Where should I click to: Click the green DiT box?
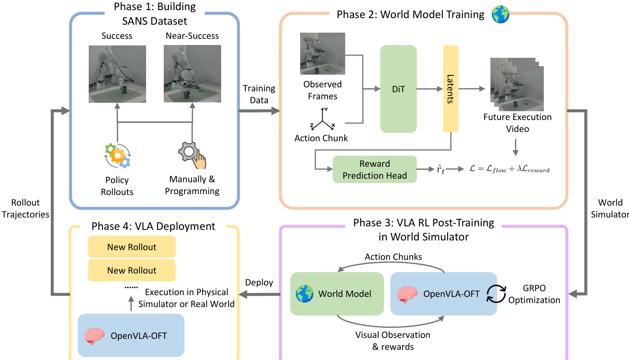[x=398, y=89]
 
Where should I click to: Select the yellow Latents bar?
[x=451, y=89]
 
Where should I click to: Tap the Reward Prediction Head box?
[x=375, y=169]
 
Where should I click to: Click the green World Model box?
[x=337, y=294]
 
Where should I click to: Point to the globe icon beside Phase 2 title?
[x=500, y=15]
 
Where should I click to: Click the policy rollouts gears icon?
[x=117, y=155]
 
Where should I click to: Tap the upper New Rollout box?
[x=132, y=247]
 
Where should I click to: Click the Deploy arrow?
[x=260, y=294]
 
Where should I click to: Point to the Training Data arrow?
[x=260, y=112]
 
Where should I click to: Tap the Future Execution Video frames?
[x=517, y=85]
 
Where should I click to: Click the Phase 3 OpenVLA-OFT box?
[x=444, y=294]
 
